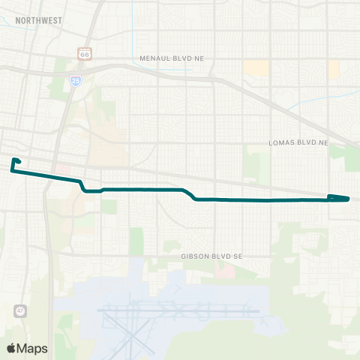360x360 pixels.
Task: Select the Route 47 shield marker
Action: click(19, 310)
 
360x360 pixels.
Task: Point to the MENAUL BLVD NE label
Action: click(172, 58)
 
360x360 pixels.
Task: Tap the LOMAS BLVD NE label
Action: click(299, 142)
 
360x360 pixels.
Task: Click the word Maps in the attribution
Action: click(31, 348)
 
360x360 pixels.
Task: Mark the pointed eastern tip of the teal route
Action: click(349, 199)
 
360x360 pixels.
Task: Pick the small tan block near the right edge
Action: click(334, 69)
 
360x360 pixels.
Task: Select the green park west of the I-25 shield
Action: click(58, 88)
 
